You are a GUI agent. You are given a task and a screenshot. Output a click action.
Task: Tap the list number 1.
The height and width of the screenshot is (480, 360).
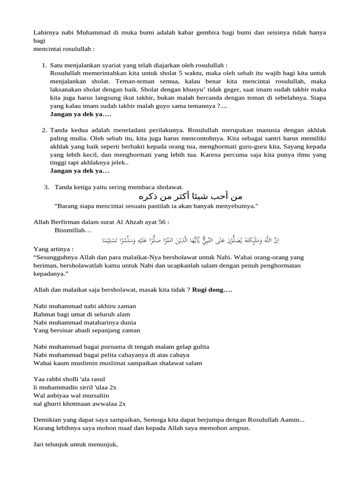44,65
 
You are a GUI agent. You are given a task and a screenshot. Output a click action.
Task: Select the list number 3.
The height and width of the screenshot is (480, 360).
46,187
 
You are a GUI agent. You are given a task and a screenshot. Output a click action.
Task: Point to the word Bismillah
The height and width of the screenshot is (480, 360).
73,231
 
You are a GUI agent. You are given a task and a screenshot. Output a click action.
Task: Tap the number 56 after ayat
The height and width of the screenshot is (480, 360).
162,222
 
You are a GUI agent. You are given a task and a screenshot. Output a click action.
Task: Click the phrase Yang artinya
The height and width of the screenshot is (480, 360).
53,248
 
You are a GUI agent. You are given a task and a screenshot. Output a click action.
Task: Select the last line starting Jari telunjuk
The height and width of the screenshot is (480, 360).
75,443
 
